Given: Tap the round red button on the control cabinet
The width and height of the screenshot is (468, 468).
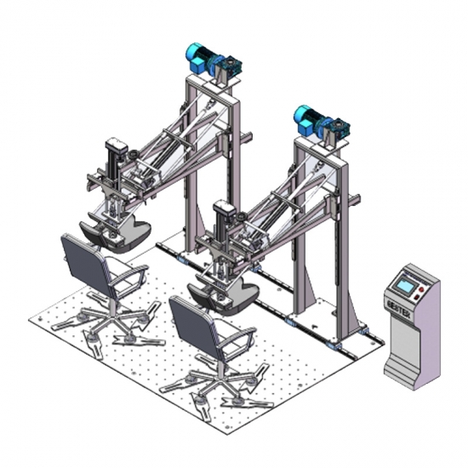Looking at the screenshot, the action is click(421, 289).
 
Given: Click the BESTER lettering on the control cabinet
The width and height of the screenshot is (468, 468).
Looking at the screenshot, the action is click(398, 309).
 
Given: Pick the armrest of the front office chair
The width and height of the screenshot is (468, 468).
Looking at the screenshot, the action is click(237, 338).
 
